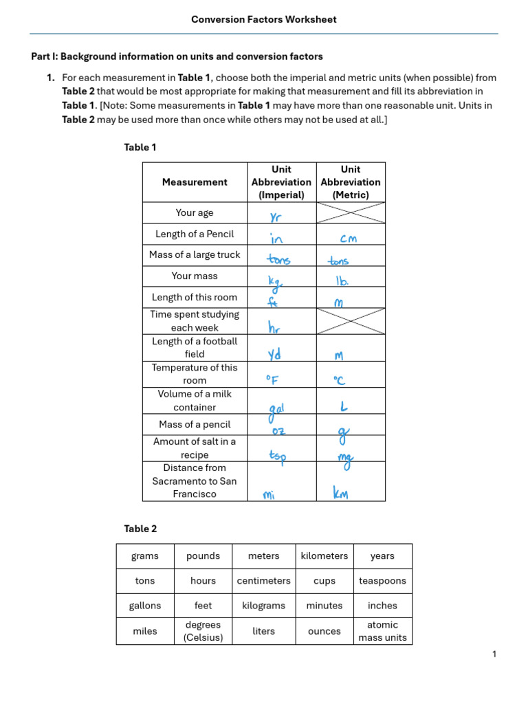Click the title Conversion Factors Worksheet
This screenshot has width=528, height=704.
pyautogui.click(x=264, y=19)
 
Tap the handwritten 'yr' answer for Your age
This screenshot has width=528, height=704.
pyautogui.click(x=276, y=217)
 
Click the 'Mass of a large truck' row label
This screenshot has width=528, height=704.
pyautogui.click(x=195, y=255)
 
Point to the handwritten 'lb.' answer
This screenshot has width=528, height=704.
pyautogui.click(x=342, y=280)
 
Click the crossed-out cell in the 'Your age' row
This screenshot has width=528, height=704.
pyautogui.click(x=351, y=212)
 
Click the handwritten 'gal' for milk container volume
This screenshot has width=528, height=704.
pyautogui.click(x=276, y=410)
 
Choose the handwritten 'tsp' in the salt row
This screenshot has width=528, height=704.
pyautogui.click(x=277, y=455)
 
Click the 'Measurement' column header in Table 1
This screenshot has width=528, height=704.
pyautogui.click(x=195, y=182)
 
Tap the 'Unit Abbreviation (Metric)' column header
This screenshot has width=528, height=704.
pyautogui.click(x=351, y=182)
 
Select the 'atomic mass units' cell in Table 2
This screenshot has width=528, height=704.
pyautogui.click(x=382, y=631)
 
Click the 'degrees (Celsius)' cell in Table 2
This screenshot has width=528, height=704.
pyautogui.click(x=203, y=631)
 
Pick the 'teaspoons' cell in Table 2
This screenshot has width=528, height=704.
pyautogui.click(x=382, y=581)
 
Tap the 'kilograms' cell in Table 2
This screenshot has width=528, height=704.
pyautogui.click(x=263, y=606)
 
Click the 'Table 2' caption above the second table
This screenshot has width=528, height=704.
pyautogui.click(x=140, y=529)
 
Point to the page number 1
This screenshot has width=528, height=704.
pyautogui.click(x=494, y=654)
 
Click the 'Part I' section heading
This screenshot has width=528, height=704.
pyautogui.click(x=177, y=56)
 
